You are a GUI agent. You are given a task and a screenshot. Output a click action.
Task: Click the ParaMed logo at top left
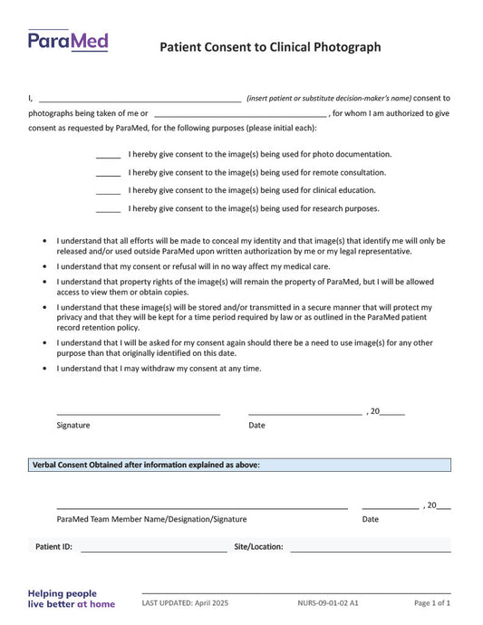click(x=68, y=41)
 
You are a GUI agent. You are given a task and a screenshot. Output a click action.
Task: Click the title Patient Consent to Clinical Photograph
click(x=270, y=47)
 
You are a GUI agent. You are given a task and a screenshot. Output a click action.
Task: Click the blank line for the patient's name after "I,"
click(x=140, y=99)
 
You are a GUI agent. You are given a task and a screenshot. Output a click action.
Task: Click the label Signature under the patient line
click(x=73, y=425)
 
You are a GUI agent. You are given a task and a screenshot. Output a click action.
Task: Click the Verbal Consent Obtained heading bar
click(x=239, y=465)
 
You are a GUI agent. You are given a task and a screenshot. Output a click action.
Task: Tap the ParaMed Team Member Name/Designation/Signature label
click(x=151, y=519)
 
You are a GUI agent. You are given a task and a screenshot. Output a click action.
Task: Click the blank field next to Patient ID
click(x=153, y=549)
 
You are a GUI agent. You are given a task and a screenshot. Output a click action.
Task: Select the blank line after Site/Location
click(x=370, y=549)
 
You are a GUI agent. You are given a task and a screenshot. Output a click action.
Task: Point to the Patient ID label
click(x=53, y=547)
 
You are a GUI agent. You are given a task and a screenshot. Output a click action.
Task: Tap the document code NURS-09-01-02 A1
click(x=327, y=602)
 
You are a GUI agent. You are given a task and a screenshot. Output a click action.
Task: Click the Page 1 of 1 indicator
click(x=432, y=602)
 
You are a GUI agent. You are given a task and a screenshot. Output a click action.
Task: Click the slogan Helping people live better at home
click(x=72, y=599)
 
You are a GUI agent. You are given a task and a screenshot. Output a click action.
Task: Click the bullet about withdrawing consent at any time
click(x=159, y=369)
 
